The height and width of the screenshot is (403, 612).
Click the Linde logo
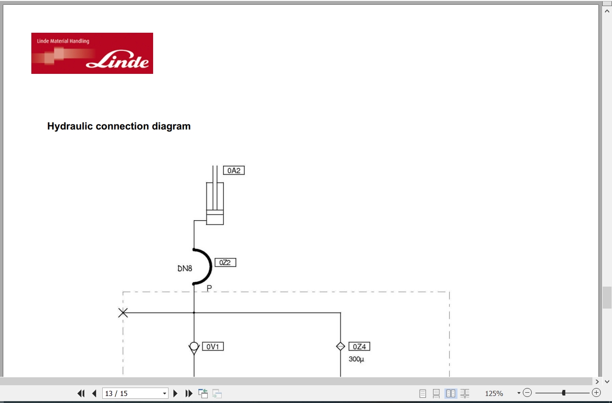click(92, 53)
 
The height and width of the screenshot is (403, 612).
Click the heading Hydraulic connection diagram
click(119, 126)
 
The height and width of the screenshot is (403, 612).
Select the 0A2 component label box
click(234, 171)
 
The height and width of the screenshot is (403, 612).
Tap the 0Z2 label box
click(225, 262)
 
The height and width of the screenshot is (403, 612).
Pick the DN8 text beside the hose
click(185, 268)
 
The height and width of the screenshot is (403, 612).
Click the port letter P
click(209, 288)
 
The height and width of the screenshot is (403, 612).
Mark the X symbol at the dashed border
click(123, 312)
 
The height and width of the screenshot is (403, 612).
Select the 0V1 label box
click(213, 346)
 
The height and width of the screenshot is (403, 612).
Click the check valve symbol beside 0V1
click(194, 348)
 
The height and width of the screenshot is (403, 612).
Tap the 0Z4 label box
click(359, 346)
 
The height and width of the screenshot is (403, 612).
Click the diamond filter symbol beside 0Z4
click(340, 346)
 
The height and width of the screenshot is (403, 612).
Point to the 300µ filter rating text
click(356, 359)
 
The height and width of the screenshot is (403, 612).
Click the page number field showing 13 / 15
click(135, 394)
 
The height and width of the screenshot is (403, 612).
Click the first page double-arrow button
click(81, 394)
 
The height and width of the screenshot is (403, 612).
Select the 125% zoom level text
click(494, 394)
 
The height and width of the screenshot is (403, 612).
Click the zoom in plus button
click(596, 393)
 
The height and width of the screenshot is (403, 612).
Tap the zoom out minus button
click(528, 393)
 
